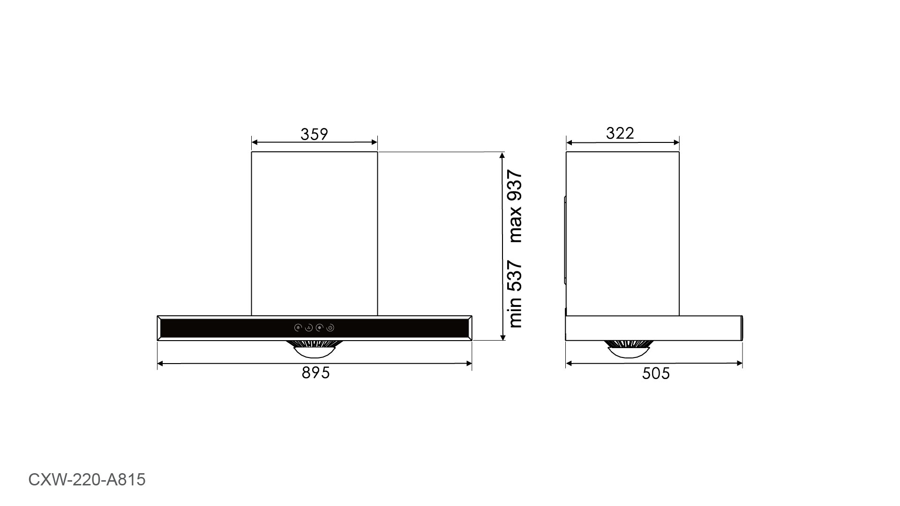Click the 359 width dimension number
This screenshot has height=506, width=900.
coord(314,134)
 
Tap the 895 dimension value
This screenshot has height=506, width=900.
coord(316,373)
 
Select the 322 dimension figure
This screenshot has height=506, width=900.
coord(620,134)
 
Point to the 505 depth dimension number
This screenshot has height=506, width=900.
coord(656,373)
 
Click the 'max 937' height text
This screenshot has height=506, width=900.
coord(515,207)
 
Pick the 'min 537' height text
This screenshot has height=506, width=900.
coord(515,294)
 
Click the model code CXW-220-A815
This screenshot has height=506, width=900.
coord(87,480)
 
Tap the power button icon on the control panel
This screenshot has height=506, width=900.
coord(330,328)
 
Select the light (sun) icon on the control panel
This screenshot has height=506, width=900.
coord(298,328)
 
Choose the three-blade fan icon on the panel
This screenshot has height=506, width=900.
coord(309,328)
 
